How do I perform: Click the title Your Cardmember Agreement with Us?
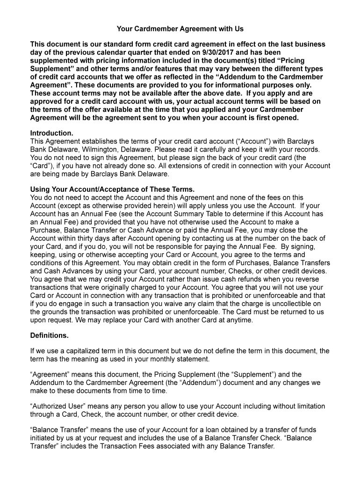coord(180,29)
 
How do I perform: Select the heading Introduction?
coord(51,133)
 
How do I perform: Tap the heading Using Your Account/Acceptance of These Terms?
coord(112,189)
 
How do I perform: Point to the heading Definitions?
coord(49,335)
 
